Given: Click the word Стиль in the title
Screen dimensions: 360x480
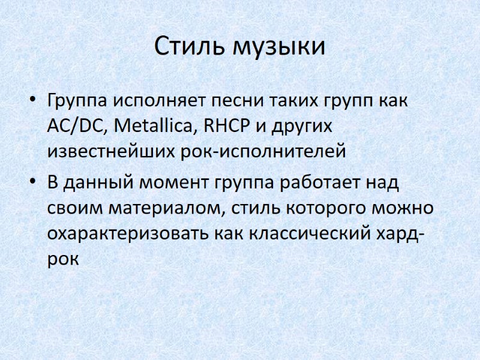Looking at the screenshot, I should pos(190,47).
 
